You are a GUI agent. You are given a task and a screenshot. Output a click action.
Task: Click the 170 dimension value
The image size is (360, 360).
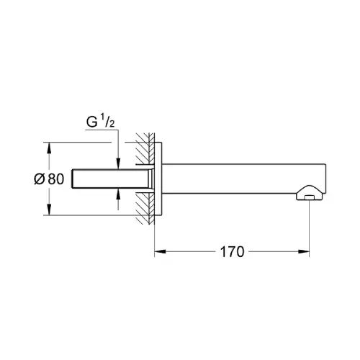[x=232, y=252]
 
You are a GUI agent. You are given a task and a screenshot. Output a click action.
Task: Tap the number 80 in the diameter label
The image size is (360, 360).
[x=56, y=179]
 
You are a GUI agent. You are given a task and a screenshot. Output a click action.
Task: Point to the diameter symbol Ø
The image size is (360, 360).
[x=40, y=179]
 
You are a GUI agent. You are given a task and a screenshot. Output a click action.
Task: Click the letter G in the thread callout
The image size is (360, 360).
[x=92, y=122]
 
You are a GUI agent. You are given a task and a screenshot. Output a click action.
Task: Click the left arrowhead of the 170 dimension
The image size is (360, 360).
[x=160, y=251]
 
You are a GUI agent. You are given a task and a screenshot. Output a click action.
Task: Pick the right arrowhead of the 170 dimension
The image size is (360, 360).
[x=303, y=251]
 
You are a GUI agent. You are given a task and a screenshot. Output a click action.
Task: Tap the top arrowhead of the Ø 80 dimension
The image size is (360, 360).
[x=49, y=148]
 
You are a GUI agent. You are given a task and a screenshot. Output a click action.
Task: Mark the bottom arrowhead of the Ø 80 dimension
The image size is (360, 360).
[x=49, y=210]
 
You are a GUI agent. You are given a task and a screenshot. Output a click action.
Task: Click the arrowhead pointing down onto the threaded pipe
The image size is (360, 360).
[x=118, y=163]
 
